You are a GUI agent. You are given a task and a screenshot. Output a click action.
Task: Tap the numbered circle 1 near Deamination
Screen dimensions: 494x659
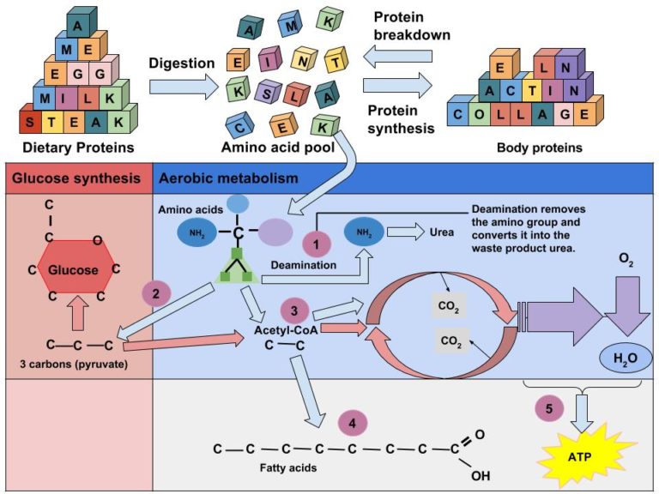click(x=316, y=246)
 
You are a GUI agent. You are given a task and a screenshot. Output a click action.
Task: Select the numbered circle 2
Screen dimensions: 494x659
click(x=155, y=294)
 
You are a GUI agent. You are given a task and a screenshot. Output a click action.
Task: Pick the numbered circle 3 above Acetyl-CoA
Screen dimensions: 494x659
click(x=293, y=310)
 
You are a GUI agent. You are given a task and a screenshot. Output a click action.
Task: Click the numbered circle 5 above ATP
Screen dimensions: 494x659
click(x=549, y=407)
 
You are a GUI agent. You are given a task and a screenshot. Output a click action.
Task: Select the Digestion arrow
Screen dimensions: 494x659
click(x=183, y=85)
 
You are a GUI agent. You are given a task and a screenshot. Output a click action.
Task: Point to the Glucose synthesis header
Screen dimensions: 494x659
click(x=75, y=178)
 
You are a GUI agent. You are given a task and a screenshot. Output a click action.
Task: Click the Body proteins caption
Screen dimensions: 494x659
click(x=539, y=148)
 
